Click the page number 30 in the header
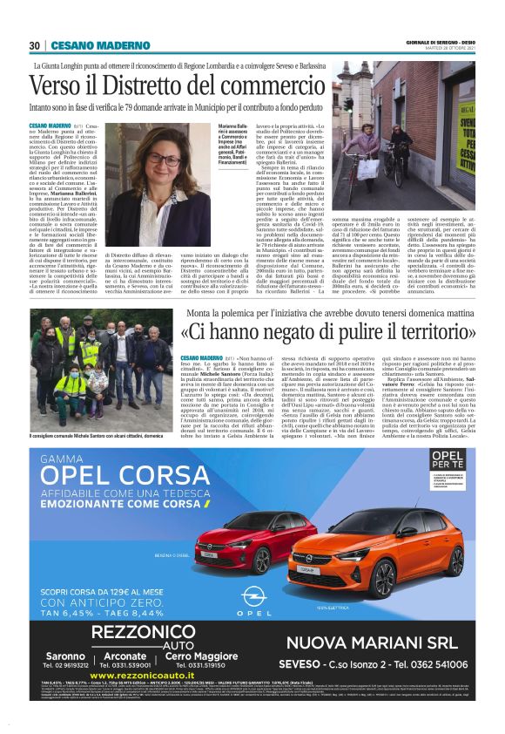pos(34,45)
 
